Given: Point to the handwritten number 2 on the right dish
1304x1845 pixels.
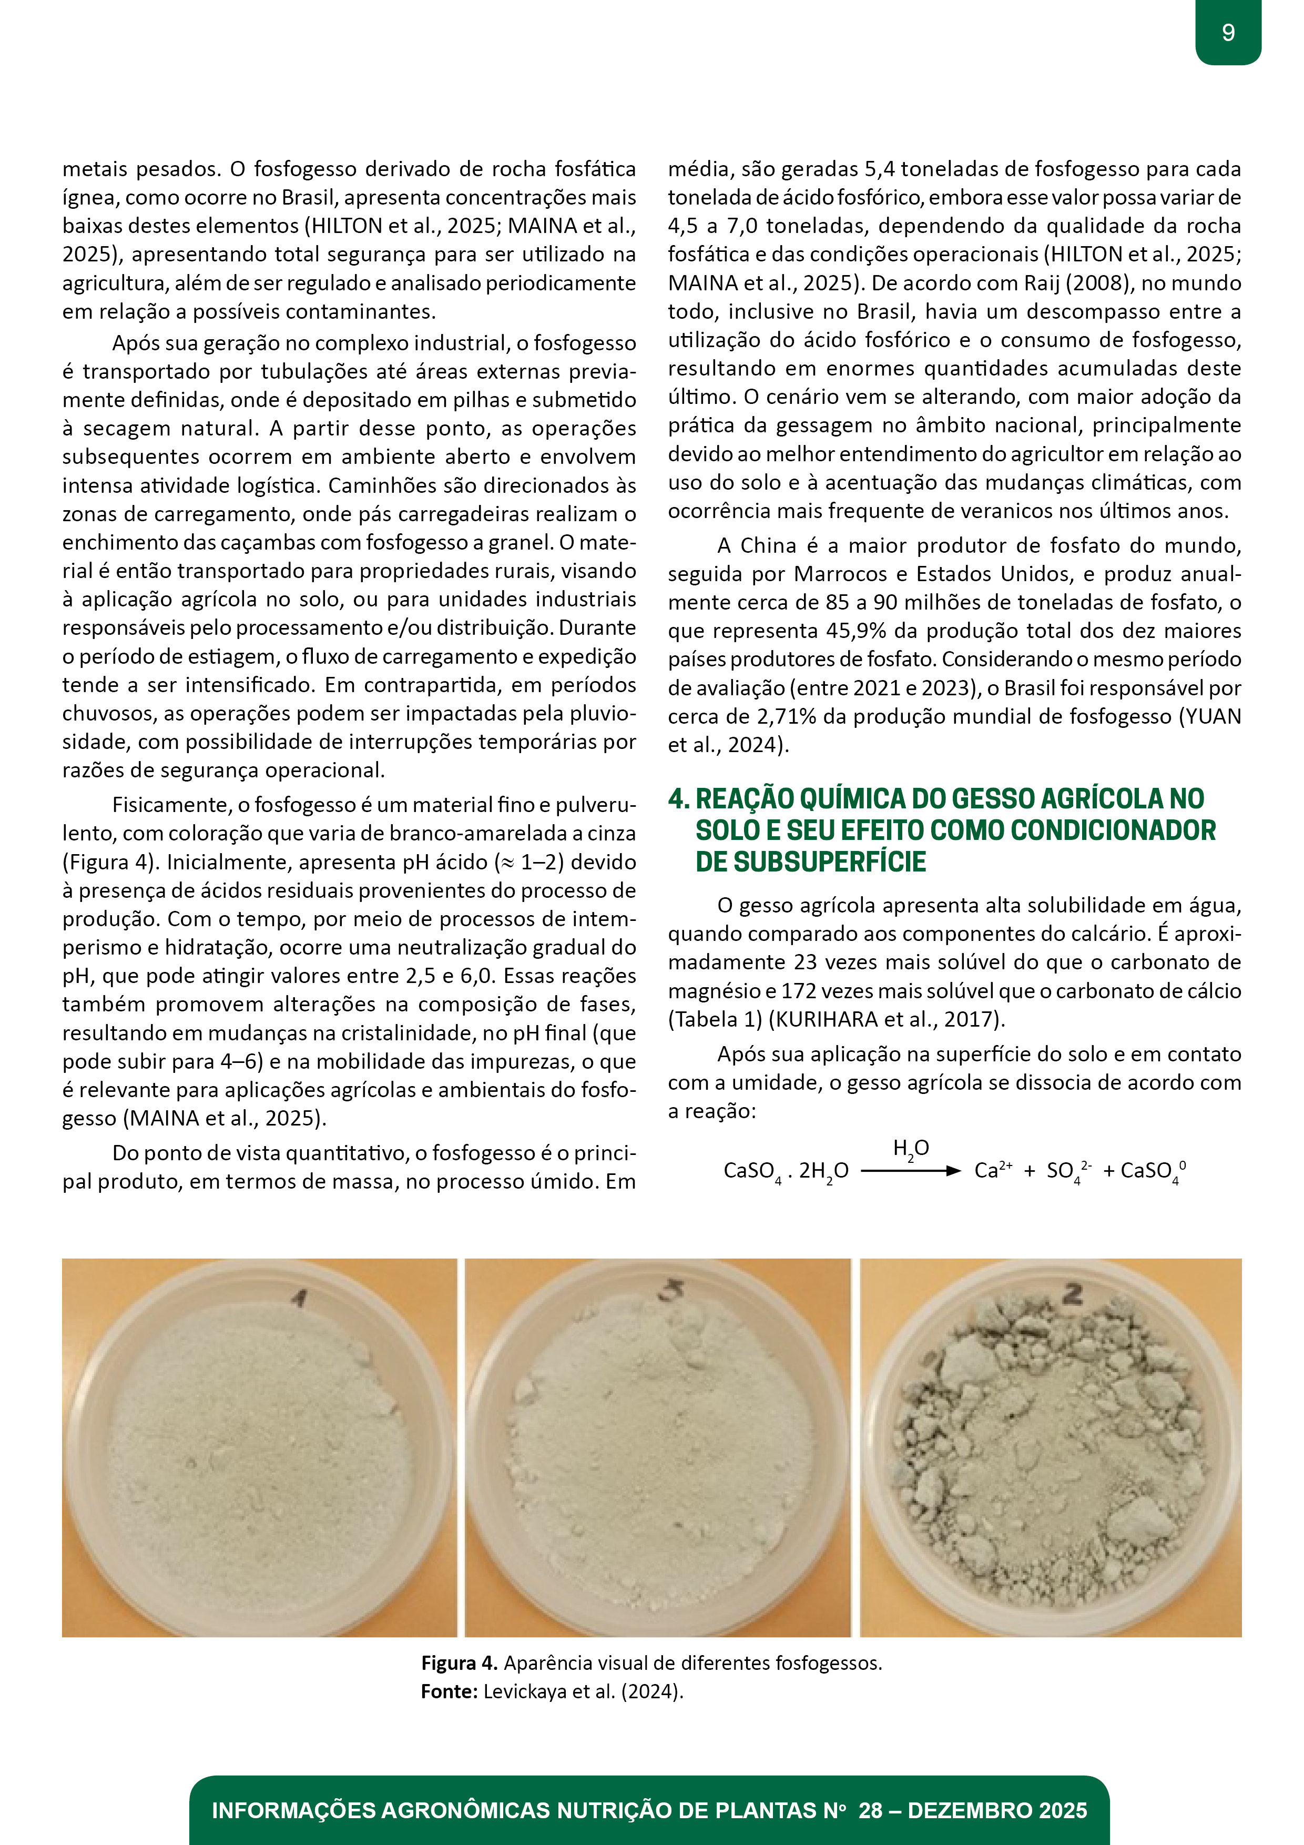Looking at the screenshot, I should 1073,1294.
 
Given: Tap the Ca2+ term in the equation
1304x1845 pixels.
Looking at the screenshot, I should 992,1171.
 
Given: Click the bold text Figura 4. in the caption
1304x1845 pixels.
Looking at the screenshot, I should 460,1662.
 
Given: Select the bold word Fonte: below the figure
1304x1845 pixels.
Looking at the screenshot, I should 449,1691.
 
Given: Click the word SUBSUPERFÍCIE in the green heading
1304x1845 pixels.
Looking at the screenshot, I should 811,862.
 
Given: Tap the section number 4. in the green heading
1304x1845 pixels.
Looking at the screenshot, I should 679,799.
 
